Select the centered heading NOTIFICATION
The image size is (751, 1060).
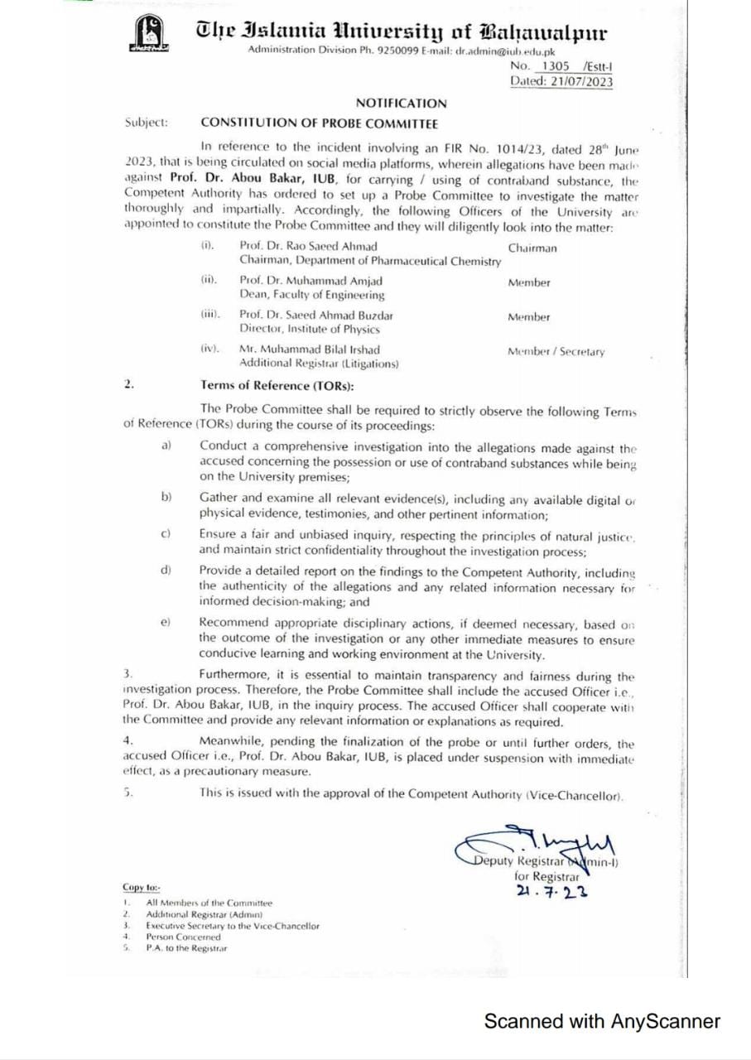[401, 104]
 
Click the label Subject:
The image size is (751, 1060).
[147, 123]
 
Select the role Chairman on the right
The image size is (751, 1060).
[532, 248]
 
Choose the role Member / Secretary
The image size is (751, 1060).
[556, 352]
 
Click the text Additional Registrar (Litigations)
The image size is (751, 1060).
[320, 363]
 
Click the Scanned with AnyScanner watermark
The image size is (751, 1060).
[602, 1021]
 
